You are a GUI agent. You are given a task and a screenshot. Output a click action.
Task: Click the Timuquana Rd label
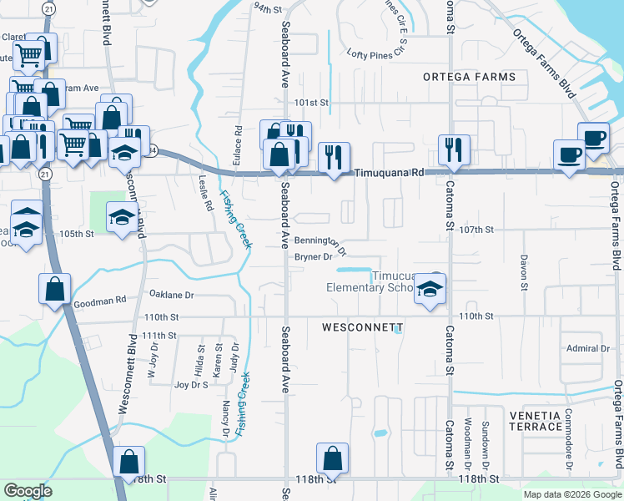pos(390,173)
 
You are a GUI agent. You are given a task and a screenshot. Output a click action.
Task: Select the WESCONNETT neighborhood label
pos(363,327)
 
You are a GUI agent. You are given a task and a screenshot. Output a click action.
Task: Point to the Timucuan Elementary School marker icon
pos(430,289)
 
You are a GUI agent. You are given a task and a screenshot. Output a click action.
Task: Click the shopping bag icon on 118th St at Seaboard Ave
pos(332,458)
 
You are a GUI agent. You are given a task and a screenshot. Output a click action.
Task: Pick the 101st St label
pos(313,103)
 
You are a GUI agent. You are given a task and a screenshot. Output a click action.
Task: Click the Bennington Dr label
pos(320,244)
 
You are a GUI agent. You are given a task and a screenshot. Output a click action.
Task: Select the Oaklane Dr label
pos(171,295)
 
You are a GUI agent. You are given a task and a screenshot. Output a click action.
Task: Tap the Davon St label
pos(524,272)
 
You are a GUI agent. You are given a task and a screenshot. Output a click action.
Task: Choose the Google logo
pos(28,491)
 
